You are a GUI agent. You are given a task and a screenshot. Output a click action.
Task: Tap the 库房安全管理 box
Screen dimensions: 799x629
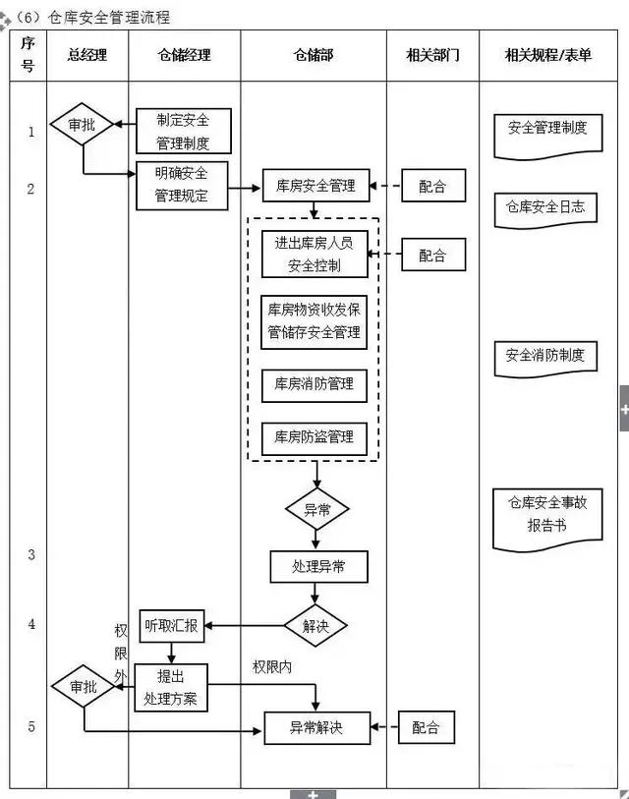click(315, 185)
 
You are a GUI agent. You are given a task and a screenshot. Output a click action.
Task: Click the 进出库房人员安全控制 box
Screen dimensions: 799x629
click(314, 256)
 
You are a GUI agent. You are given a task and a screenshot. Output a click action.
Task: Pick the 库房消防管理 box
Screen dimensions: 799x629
click(314, 384)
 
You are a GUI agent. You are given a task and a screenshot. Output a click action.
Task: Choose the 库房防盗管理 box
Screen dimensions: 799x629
click(314, 436)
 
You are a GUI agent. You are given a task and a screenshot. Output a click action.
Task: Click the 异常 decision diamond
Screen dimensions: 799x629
click(316, 510)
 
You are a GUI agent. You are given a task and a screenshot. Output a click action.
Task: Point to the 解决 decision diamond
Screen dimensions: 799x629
click(315, 625)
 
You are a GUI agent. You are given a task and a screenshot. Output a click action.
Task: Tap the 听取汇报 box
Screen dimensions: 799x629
click(173, 625)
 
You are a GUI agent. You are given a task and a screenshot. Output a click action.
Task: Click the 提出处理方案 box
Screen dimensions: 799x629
click(172, 687)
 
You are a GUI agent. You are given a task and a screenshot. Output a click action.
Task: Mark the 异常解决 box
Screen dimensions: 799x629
click(315, 728)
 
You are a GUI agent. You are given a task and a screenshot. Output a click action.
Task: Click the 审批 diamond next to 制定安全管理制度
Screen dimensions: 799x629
click(82, 126)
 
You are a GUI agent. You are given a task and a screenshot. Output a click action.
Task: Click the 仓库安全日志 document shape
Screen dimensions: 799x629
click(545, 208)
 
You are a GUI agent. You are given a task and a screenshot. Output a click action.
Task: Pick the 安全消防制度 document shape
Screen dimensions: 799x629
click(545, 358)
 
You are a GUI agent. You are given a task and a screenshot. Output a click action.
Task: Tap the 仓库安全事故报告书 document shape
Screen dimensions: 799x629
click(546, 515)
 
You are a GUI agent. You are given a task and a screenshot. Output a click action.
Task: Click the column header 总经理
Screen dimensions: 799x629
click(86, 56)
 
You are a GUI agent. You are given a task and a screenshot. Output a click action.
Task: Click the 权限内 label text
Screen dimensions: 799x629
click(272, 667)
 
